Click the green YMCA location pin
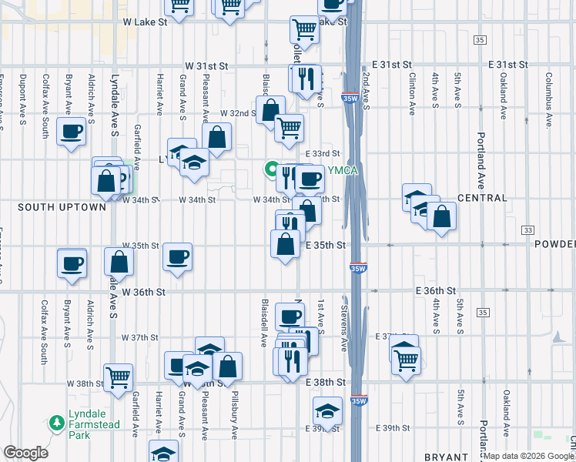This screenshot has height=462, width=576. tap(271, 169)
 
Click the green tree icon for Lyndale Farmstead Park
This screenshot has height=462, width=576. tap(55, 423)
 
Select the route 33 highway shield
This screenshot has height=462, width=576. tap(527, 230)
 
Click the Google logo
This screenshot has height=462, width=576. tap(25, 453)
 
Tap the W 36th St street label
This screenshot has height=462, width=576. tap(144, 292)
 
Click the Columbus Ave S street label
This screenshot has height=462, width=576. tap(550, 95)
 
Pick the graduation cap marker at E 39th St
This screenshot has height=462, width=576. tap(327, 410)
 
